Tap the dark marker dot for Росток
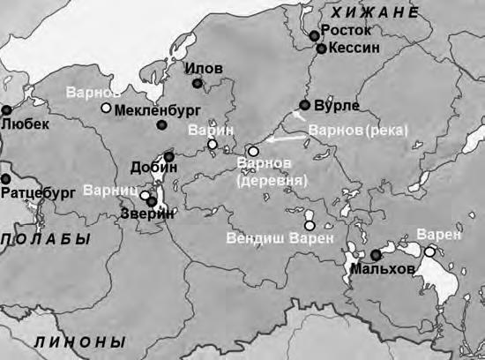click(x=315, y=34)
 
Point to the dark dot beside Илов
click(x=198, y=84)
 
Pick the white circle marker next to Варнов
click(x=106, y=109)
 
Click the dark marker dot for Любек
click(x=6, y=110)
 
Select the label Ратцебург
click(x=40, y=190)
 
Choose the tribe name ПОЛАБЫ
click(x=45, y=240)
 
